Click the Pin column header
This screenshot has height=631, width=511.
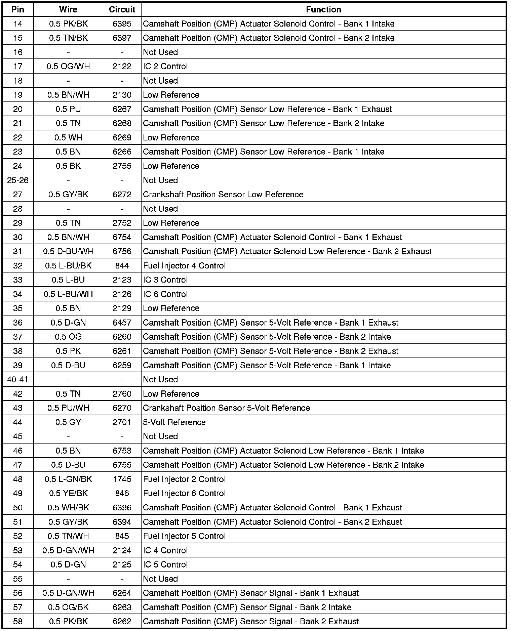coord(18,9)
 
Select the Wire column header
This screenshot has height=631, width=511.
coord(68,9)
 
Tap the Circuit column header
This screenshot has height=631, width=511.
coord(122,9)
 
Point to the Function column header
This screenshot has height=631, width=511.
coord(323,9)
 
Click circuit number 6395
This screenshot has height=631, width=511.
coord(122,24)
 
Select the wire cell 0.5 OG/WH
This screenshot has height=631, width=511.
coord(68,67)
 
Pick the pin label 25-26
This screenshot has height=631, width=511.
coord(18,180)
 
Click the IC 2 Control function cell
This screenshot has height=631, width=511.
coord(165,67)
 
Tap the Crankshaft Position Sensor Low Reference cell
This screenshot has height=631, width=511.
coord(223,195)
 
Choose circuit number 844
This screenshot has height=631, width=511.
coord(122,266)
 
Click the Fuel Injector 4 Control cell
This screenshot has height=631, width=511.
coord(184,266)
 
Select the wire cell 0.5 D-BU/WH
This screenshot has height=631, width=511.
coord(68,252)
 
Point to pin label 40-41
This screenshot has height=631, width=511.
coord(18,380)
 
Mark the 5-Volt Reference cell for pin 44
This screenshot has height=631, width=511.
coord(174,422)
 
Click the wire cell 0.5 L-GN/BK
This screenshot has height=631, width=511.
coord(68,479)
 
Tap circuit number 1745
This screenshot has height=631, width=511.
coord(122,479)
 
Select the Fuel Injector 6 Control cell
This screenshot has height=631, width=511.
coord(184,494)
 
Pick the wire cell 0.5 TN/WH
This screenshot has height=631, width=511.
coord(68,536)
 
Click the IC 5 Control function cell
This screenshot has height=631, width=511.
coord(165,564)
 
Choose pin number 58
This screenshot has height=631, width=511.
coord(18,622)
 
